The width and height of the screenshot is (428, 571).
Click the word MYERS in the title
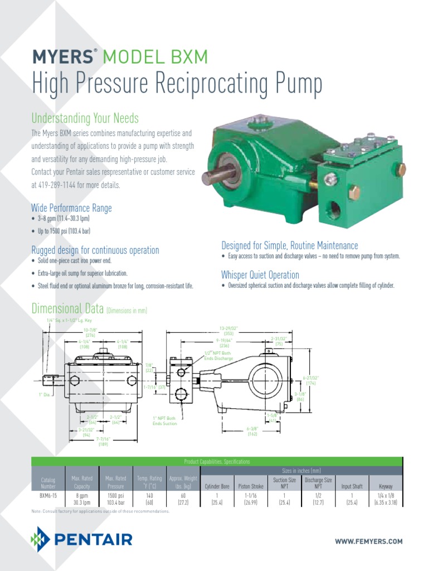pos(62,57)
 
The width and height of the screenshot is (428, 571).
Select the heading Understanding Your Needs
pos(85,118)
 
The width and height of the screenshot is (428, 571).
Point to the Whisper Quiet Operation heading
pos(260,275)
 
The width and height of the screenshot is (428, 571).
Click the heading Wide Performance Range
pos(71,208)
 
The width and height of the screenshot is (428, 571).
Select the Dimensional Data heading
pos(67,309)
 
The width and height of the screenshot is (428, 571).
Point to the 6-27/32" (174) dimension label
pos(310,381)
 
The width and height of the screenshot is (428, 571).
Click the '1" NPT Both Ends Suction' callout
pos(165,420)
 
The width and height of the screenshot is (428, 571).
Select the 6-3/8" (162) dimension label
pos(252,431)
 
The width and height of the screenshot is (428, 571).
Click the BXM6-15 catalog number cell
pos(47,495)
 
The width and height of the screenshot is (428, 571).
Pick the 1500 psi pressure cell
pos(115,495)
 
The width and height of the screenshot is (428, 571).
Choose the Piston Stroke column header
pos(252,486)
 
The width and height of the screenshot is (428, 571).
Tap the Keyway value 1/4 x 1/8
pos(385,495)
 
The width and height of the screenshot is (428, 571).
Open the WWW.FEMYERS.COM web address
pos(368,541)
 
